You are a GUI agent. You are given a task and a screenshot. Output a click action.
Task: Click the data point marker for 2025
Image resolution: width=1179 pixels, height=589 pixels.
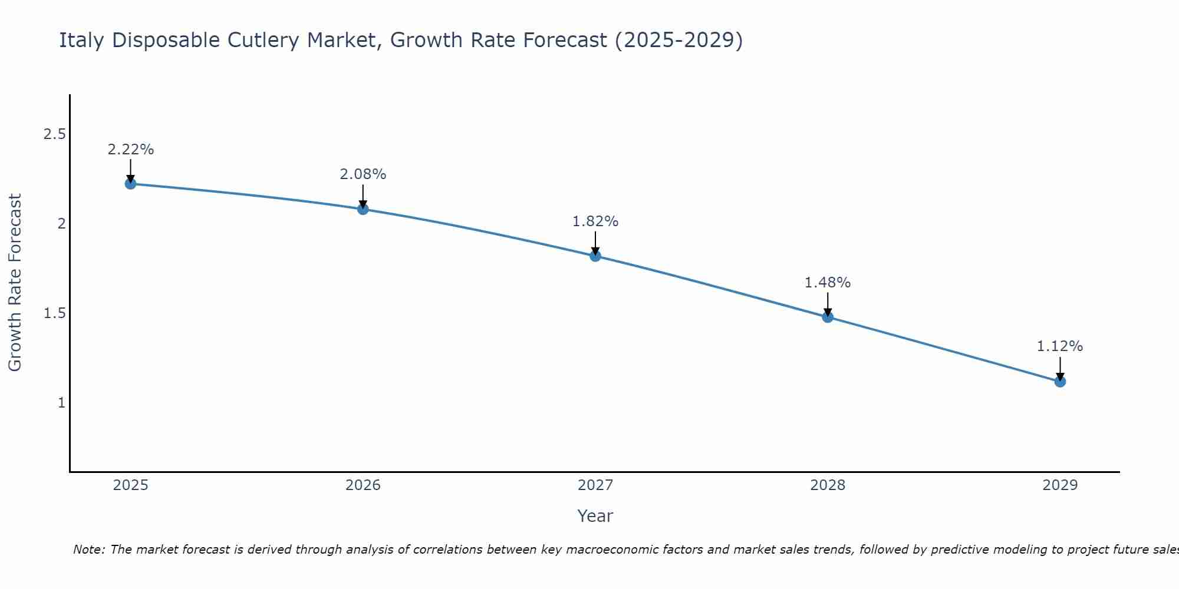130,184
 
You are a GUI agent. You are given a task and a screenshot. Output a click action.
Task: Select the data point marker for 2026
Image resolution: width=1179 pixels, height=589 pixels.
363,209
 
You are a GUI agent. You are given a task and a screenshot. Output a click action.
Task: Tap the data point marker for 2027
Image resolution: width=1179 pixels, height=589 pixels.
595,256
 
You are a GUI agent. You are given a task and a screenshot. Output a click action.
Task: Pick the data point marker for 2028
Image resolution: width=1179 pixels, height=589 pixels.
828,317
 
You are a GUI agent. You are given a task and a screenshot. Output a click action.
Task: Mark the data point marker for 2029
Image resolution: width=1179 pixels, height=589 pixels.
1060,382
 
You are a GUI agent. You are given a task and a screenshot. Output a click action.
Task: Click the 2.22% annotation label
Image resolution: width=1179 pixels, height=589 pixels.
130,150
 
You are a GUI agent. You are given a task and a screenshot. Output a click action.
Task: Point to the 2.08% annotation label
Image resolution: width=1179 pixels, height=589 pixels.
363,174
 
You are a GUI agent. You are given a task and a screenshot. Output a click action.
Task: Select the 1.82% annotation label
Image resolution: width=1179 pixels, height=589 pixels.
595,221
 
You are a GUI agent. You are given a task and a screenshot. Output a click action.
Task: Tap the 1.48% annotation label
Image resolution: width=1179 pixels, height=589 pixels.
828,283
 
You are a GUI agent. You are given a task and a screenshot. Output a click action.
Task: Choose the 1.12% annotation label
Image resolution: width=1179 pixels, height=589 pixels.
1060,346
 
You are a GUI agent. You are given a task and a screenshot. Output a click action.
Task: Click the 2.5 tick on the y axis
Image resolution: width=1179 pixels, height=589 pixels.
54,134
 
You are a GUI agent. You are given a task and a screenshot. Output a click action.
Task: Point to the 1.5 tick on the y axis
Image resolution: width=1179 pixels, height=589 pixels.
54,313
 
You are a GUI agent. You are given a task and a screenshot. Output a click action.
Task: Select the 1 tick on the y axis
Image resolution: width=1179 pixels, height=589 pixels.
61,403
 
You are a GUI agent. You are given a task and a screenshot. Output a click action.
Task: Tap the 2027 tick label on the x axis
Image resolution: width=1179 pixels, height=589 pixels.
595,485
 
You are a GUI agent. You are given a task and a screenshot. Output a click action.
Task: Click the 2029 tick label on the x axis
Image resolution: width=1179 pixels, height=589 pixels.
1060,485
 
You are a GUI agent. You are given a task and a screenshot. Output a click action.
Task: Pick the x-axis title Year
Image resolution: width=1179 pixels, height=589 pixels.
595,516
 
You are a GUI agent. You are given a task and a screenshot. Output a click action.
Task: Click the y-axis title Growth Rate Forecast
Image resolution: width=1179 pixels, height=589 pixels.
15,283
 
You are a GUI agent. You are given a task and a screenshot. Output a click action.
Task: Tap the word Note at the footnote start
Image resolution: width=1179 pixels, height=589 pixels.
88,550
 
